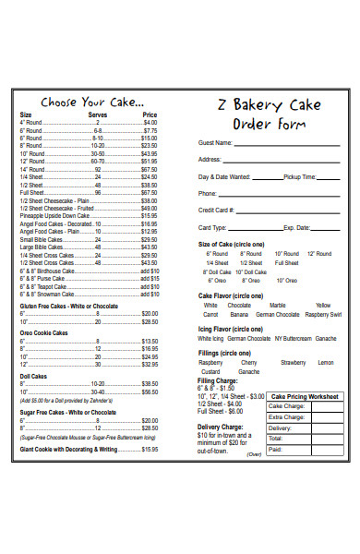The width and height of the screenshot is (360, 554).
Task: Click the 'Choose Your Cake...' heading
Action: (x=91, y=102)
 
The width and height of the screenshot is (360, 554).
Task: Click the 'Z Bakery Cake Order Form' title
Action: (x=268, y=114)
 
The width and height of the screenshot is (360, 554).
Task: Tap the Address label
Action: (x=211, y=160)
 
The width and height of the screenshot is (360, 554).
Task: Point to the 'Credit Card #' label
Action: (x=218, y=211)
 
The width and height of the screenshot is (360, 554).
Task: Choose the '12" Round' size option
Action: (x=318, y=253)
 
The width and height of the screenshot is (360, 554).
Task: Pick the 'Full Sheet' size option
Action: (x=286, y=262)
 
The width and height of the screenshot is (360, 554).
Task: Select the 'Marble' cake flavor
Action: (x=277, y=305)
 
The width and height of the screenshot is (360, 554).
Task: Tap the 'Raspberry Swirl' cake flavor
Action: (x=322, y=314)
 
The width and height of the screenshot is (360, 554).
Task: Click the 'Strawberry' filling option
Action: (x=293, y=363)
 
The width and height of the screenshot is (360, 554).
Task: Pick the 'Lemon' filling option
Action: (x=326, y=363)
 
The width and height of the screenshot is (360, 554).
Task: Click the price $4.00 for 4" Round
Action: (x=150, y=122)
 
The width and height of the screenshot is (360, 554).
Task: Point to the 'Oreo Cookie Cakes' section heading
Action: (x=43, y=332)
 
